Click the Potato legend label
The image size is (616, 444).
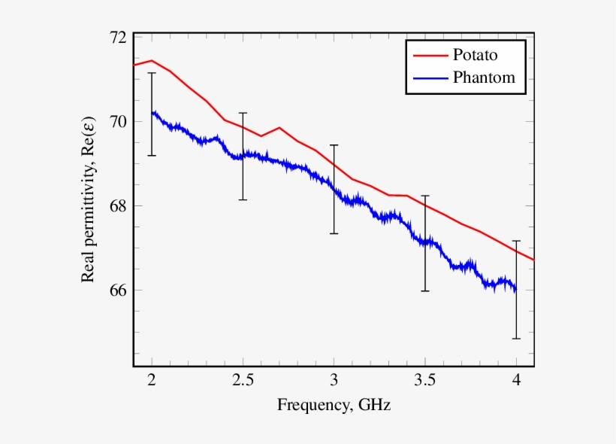coord(475,55)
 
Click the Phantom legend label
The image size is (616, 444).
coord(484,77)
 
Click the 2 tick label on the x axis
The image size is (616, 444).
coord(152,382)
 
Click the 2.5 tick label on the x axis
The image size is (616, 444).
coord(243,382)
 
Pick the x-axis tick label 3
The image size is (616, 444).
coord(334,382)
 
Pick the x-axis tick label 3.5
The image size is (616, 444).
coord(425,382)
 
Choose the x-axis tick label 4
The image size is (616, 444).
coord(516,382)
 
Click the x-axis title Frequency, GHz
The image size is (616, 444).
coord(334,406)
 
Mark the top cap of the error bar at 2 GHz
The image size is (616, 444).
coord(152,73)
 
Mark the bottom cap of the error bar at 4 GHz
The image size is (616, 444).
coord(516,339)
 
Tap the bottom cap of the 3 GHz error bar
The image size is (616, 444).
coord(334,233)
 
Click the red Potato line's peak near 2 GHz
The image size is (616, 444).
coord(152,60)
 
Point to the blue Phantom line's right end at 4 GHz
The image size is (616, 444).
coord(515,289)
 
